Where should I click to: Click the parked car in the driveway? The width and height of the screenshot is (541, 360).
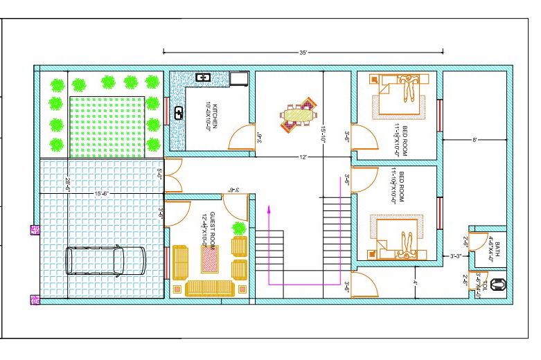point(105,261)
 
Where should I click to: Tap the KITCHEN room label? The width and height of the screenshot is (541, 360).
point(215,116)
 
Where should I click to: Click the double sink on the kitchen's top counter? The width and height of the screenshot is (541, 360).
point(204,78)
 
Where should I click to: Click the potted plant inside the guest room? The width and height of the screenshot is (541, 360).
point(239,228)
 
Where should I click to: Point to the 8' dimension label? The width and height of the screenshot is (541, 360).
point(475,141)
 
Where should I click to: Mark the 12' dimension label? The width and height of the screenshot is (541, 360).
point(303,158)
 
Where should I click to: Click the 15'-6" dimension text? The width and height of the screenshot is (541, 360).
point(101,193)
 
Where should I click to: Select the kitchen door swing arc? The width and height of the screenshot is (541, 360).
point(242,136)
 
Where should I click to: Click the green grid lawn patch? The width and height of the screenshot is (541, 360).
point(107,125)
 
